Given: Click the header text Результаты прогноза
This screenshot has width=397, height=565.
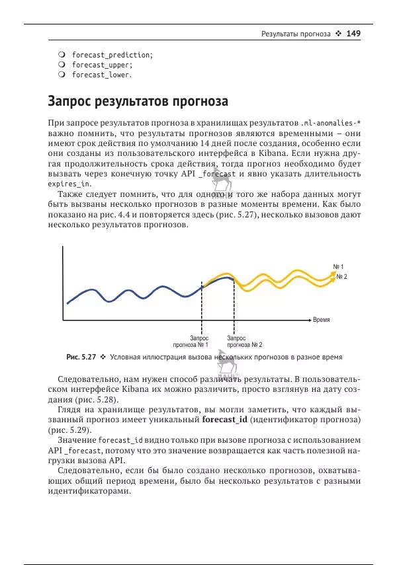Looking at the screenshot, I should (x=295, y=33).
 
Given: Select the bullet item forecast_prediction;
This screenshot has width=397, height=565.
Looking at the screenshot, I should (x=112, y=55).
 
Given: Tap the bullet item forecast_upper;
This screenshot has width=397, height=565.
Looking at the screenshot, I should (x=102, y=65).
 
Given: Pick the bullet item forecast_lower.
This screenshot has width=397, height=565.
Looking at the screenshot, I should (x=102, y=75).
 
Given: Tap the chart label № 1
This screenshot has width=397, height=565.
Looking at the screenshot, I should (x=338, y=266).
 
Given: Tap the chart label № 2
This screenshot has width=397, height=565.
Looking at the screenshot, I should (x=342, y=276).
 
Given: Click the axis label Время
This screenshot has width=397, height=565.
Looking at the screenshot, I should (x=322, y=320).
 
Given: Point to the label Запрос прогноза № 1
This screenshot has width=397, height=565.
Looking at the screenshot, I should (x=191, y=341).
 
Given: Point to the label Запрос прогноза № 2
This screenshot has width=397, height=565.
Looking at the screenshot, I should (x=244, y=341).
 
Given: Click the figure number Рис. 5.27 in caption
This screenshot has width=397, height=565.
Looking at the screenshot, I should (x=81, y=357).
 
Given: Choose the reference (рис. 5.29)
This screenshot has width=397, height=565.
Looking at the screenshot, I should (x=66, y=430).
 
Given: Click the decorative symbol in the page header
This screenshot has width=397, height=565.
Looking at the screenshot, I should (x=338, y=33).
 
